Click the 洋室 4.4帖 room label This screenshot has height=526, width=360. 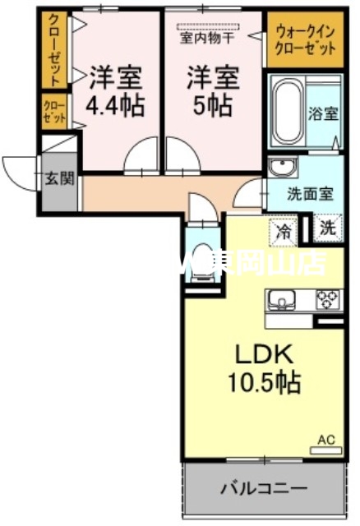tap(114, 92)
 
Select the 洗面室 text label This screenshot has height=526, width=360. tap(309, 195)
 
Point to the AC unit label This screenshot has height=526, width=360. tap(328, 442)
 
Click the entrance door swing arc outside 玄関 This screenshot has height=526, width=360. tap(19, 169)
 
